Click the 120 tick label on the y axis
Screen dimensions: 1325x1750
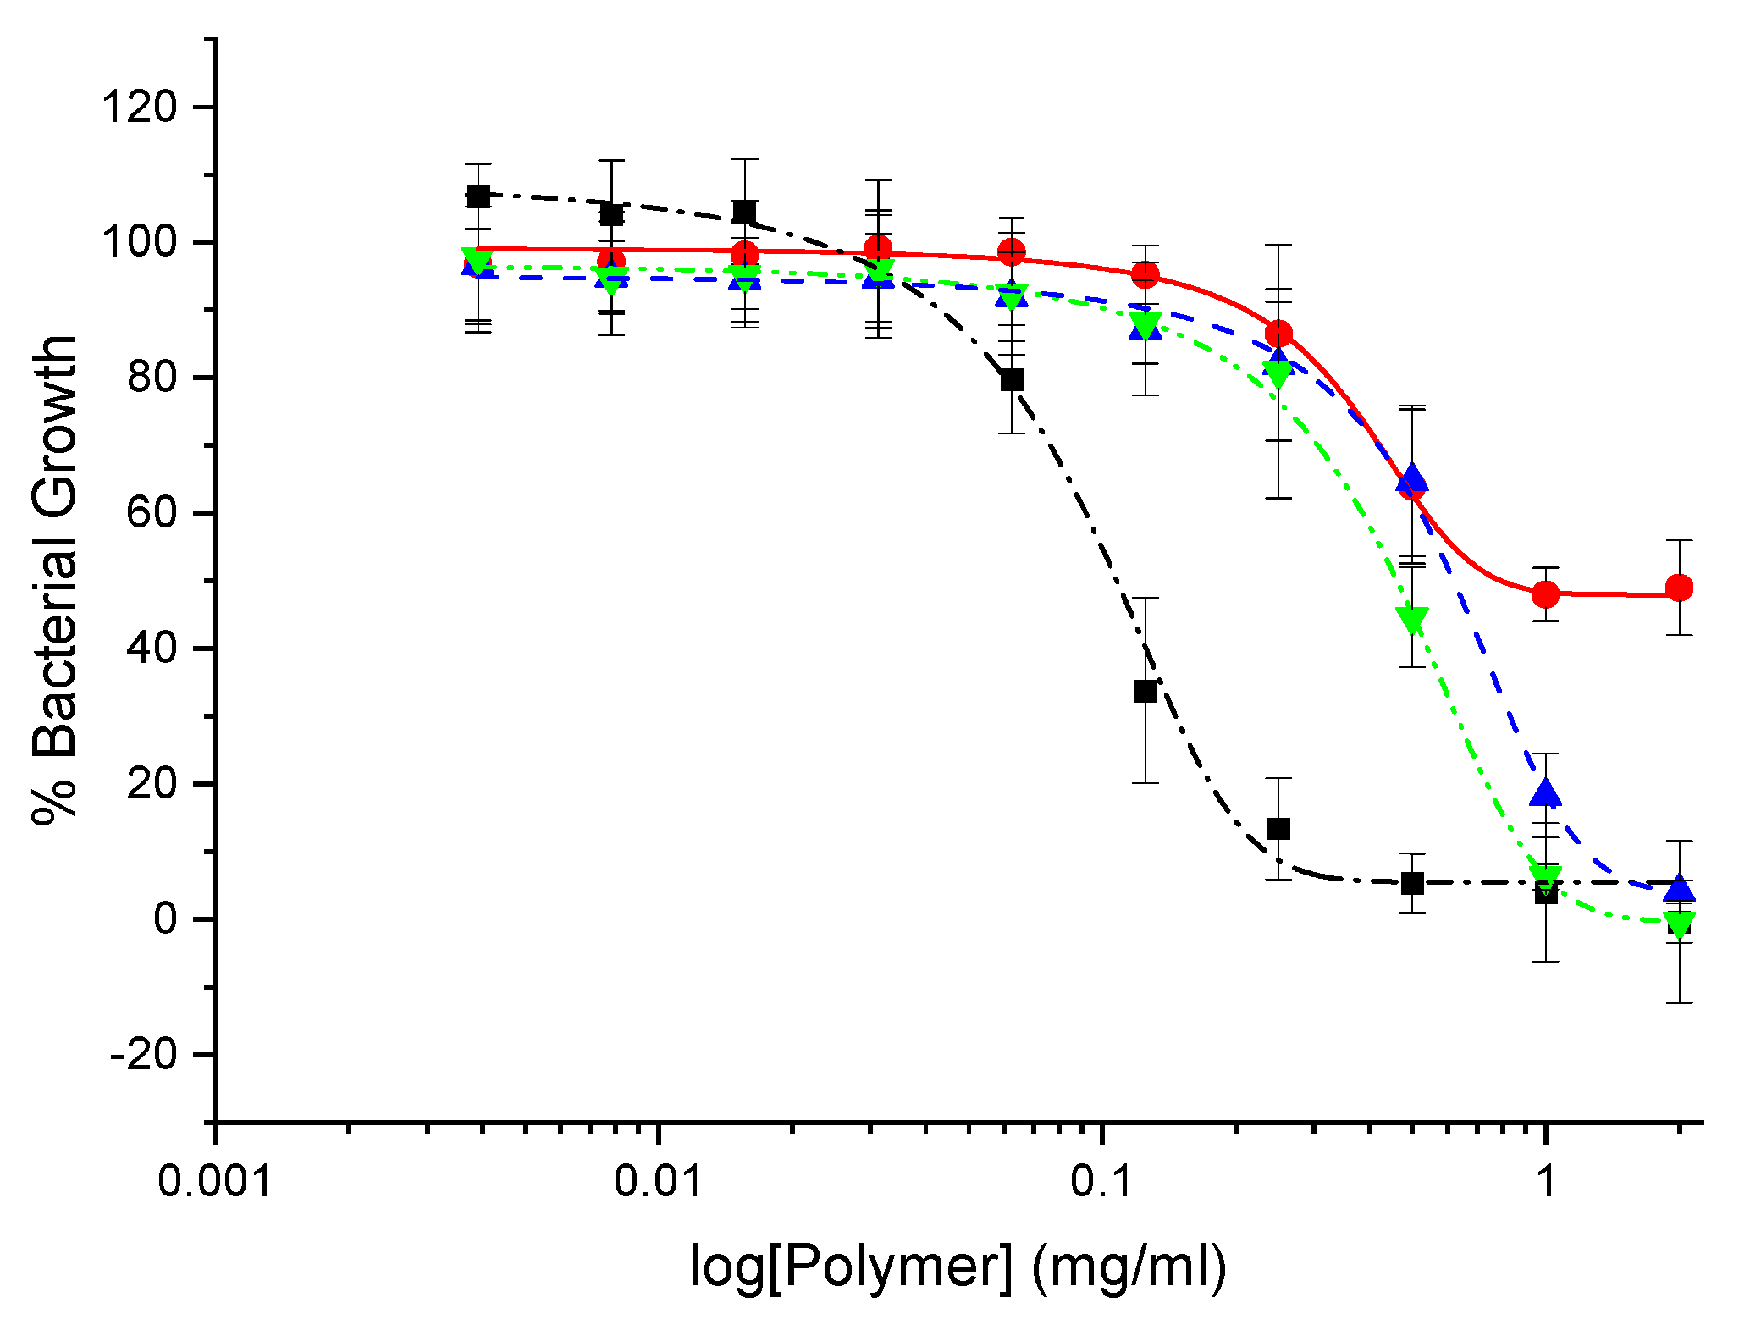click(x=139, y=108)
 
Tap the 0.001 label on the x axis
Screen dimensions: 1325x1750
click(x=215, y=1179)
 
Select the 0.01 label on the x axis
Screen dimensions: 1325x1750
click(x=659, y=1179)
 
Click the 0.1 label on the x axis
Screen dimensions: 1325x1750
click(x=1101, y=1179)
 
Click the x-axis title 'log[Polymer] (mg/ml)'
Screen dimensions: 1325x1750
click(x=958, y=1267)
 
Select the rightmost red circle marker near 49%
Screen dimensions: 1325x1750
click(x=1679, y=588)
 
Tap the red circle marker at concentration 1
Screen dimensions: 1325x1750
click(x=1546, y=594)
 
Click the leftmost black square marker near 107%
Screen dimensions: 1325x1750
click(x=478, y=196)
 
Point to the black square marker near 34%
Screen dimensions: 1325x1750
click(x=1146, y=691)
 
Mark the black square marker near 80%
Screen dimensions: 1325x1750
click(x=1012, y=380)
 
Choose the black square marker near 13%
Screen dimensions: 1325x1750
click(x=1278, y=828)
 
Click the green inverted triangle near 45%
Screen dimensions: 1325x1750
click(x=1412, y=620)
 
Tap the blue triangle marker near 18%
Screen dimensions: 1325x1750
click(x=1546, y=792)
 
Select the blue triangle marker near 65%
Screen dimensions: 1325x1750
click(x=1412, y=477)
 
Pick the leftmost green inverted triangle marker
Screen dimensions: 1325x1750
click(x=478, y=260)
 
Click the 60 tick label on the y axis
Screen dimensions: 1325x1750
click(x=152, y=513)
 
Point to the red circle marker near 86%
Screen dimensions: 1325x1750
click(x=1278, y=334)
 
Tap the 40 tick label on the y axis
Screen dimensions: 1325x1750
click(x=152, y=649)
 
